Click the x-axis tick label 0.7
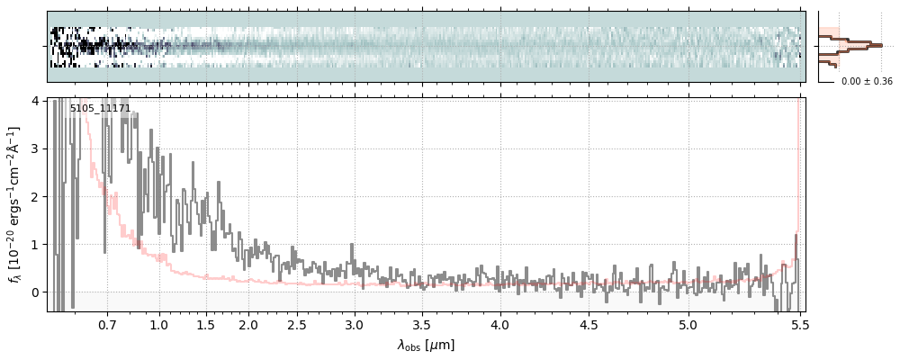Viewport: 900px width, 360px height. point(107,324)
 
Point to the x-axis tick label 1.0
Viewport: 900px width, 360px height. point(159,324)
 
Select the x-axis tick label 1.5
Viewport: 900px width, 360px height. point(205,324)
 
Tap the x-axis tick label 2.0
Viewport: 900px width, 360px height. point(248,324)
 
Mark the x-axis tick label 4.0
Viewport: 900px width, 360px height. point(500,324)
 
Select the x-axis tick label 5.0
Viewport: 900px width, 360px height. point(688,324)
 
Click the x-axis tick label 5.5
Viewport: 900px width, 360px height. point(798,324)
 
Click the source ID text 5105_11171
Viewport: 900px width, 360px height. point(100,109)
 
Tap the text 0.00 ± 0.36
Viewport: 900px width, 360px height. point(867,82)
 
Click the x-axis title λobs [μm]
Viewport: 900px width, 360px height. point(426,345)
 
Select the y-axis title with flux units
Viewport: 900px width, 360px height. point(14,203)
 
